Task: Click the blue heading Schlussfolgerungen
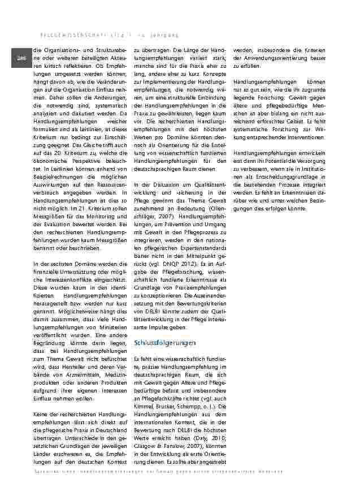(164, 343)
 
